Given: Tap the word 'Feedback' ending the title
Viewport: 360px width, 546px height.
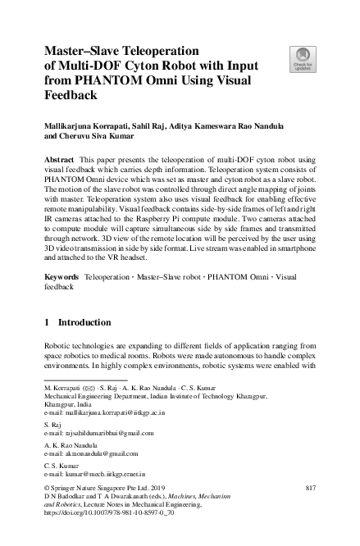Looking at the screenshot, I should click(71, 94).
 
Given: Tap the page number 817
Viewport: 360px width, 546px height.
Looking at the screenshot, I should click(309, 487).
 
